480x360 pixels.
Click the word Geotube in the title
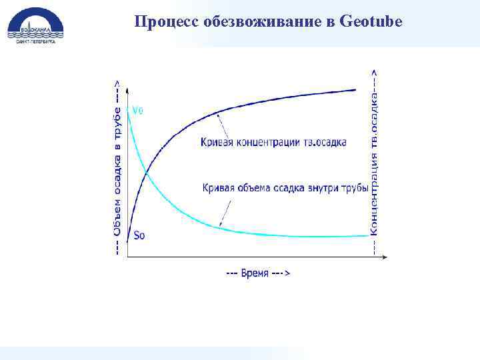371,21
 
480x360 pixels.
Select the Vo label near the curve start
137,110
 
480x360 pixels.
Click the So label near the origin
139,235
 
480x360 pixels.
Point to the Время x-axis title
257,273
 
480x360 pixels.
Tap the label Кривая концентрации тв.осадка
273,142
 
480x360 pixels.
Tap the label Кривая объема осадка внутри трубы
285,188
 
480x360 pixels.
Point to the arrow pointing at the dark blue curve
225,125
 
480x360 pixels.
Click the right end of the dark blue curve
355,89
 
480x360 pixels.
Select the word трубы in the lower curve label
355,188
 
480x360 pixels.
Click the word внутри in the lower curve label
323,188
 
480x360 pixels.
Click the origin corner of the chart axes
127,257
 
